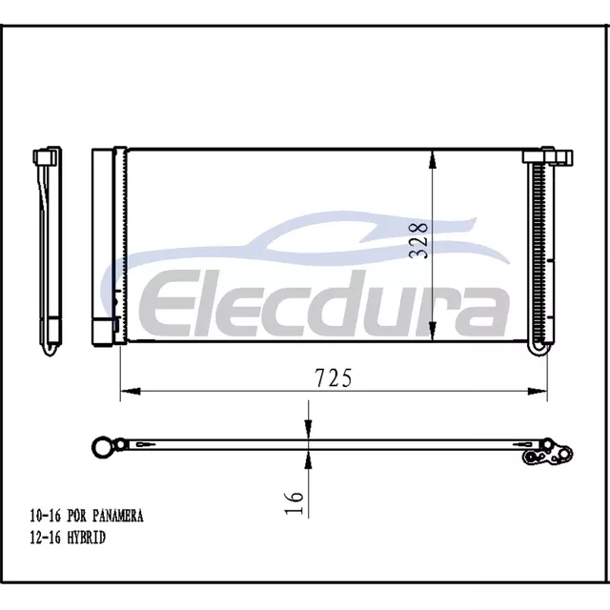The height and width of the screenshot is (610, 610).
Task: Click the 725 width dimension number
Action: click(334, 378)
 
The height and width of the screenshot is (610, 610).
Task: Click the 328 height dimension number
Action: click(418, 240)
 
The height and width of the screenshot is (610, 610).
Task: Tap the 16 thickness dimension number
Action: click(294, 503)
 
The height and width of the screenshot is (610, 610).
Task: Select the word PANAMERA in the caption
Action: click(118, 516)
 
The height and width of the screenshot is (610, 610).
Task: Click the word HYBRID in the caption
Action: click(87, 538)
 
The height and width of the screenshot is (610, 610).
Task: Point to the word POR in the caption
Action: click(77, 516)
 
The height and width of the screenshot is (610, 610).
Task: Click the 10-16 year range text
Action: click(46, 516)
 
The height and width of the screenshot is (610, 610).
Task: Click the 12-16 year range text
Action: click(46, 538)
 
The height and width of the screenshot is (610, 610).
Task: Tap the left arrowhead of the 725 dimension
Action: click(131, 391)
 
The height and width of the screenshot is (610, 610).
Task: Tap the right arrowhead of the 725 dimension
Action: click(538, 391)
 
